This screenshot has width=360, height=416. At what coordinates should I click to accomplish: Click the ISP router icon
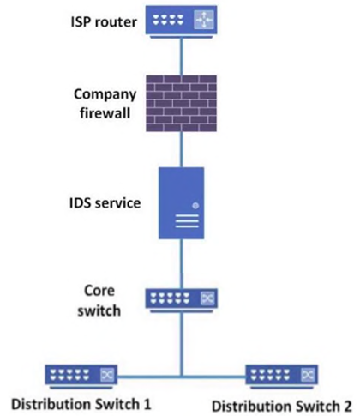point(181,22)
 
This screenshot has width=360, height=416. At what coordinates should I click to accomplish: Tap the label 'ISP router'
point(104,22)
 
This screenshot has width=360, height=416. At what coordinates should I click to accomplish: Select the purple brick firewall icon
point(181,103)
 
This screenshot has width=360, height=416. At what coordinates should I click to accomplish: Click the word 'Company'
point(105,94)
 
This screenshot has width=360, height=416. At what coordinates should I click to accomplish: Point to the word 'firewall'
point(105,112)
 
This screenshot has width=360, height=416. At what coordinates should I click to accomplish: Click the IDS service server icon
point(182,203)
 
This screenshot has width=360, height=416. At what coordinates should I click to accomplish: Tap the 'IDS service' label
point(105,203)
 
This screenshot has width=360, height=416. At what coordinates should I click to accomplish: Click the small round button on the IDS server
point(195,206)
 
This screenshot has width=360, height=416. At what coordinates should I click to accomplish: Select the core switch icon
point(182,300)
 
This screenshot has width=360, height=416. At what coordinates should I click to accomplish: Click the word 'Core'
point(99,291)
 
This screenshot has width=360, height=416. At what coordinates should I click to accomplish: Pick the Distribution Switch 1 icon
point(81,377)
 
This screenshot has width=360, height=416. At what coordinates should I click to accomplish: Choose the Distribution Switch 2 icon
point(282,377)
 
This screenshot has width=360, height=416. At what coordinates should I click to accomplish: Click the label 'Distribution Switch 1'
point(81,404)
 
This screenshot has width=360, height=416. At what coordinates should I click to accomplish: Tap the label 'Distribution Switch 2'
point(282,406)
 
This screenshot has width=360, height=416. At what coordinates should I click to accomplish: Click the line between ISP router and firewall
point(181,57)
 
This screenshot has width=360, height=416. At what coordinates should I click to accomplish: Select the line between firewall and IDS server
point(181,149)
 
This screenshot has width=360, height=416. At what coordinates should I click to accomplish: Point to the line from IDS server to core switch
point(181,264)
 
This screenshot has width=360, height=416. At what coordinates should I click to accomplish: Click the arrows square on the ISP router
point(204,20)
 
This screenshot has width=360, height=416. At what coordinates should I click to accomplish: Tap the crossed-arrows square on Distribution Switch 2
point(308,375)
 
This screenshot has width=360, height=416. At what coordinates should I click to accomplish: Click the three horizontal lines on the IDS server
point(187,221)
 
